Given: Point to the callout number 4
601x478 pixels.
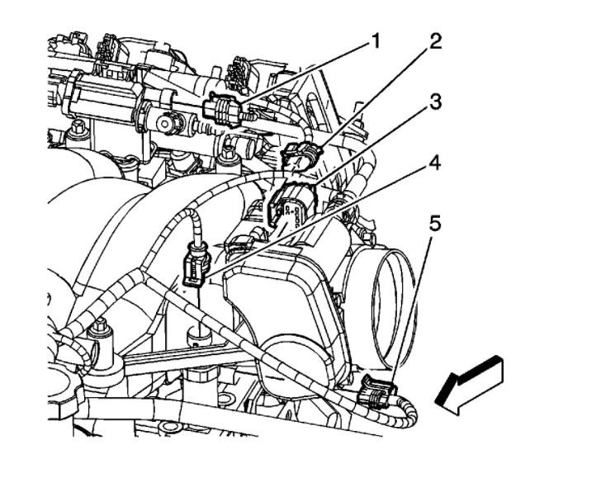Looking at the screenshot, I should pos(435,163).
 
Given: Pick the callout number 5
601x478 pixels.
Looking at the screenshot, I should pos(435,223).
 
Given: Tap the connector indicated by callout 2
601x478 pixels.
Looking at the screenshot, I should pos(297,156).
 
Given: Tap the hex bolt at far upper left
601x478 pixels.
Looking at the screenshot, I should pos(80,130).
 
